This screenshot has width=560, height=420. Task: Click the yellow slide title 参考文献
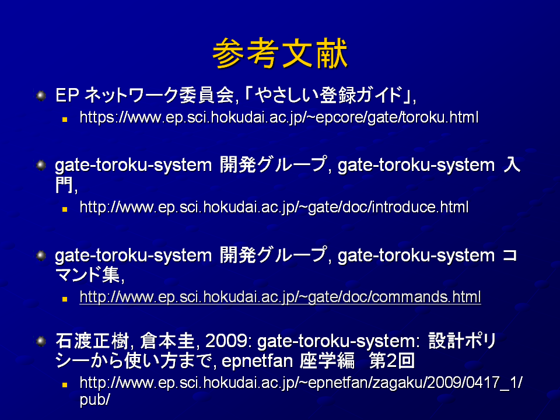click(x=279, y=53)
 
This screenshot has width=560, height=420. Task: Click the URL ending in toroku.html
click(x=279, y=117)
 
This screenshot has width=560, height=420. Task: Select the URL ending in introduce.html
click(x=274, y=208)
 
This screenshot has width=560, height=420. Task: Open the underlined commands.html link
click(x=280, y=297)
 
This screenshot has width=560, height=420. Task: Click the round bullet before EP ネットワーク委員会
click(x=41, y=95)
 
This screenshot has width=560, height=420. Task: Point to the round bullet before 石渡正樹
click(x=41, y=341)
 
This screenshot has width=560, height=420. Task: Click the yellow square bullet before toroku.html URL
click(x=65, y=120)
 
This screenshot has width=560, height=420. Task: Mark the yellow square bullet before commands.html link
click(x=65, y=299)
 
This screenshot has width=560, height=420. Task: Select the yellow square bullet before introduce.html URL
click(x=65, y=209)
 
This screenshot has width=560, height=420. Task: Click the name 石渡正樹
click(x=92, y=341)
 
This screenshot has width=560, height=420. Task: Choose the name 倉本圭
click(x=167, y=341)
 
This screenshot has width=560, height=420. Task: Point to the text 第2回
click(x=392, y=360)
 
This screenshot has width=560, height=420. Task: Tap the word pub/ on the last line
click(x=94, y=400)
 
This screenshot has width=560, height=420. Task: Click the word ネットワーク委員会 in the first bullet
click(x=159, y=95)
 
